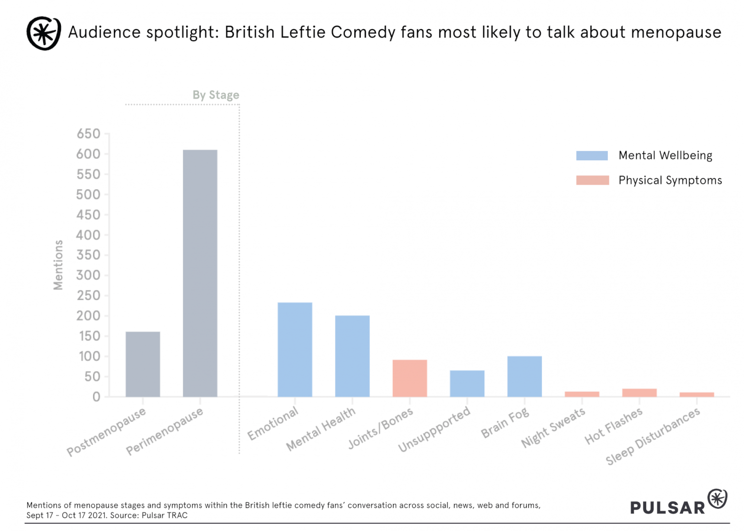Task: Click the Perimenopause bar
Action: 200,273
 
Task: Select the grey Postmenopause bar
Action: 143,364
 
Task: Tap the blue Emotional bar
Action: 294,349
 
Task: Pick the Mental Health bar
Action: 352,356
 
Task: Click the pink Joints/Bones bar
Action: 410,378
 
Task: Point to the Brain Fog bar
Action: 525,377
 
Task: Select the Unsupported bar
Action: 467,383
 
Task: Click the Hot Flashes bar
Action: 639,393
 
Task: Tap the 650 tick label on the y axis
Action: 88,134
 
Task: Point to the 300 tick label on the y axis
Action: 88,275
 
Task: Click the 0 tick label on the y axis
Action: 96,397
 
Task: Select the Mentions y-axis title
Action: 58,265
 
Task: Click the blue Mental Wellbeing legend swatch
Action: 592,155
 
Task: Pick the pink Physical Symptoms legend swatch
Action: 592,180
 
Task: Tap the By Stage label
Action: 216,95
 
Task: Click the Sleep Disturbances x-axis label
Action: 653,436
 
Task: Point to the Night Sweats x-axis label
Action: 553,427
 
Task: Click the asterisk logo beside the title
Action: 44,33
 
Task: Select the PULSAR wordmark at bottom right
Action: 667,507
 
